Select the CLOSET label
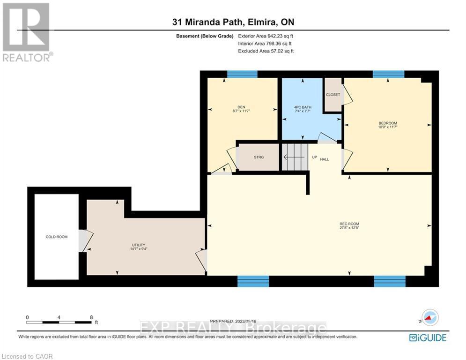pos(333,95)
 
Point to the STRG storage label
pos(259,157)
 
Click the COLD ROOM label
pos(56,237)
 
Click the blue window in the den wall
pos(242,74)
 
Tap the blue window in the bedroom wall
pos(388,74)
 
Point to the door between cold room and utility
pos(82,240)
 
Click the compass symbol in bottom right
pos(430,317)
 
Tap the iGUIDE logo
pos(427,337)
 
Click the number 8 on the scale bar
pos(91,317)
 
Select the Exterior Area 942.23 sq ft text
pos(266,36)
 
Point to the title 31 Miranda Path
pos(233,22)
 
